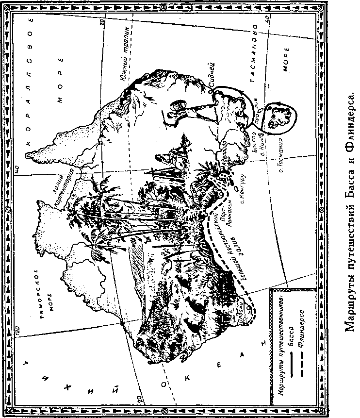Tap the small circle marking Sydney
pyautogui.click(x=210, y=90)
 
